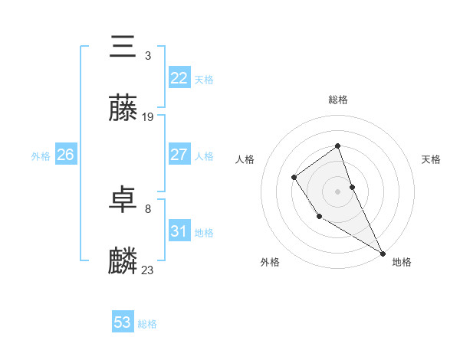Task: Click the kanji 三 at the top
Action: coord(123,47)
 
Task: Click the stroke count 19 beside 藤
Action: coord(148,117)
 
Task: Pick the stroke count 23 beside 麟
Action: coord(148,270)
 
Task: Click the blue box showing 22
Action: coord(179,78)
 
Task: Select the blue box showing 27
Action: coord(179,155)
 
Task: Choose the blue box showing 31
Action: coord(179,231)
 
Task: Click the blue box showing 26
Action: coord(65,155)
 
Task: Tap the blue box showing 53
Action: coord(123,322)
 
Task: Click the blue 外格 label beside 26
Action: coord(41,156)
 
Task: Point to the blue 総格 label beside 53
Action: coord(148,324)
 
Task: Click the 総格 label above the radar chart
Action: coord(338,100)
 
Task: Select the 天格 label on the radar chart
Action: coord(432,159)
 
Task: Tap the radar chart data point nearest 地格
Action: coord(383,254)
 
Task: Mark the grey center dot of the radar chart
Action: coord(338,191)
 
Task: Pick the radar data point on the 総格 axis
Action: coord(338,146)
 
